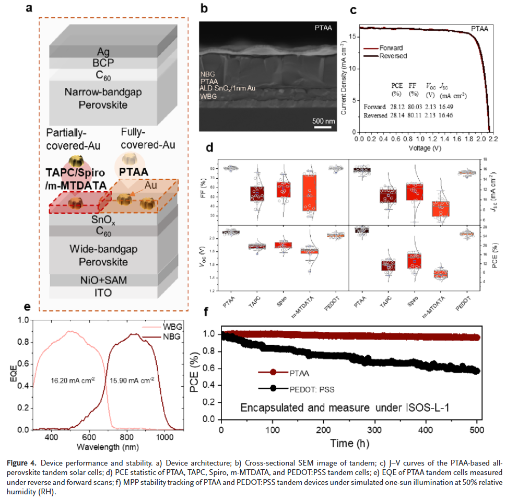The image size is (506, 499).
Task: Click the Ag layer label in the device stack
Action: click(x=103, y=52)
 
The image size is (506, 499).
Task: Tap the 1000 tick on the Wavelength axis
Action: click(x=165, y=437)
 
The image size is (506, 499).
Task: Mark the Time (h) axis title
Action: click(x=350, y=443)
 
